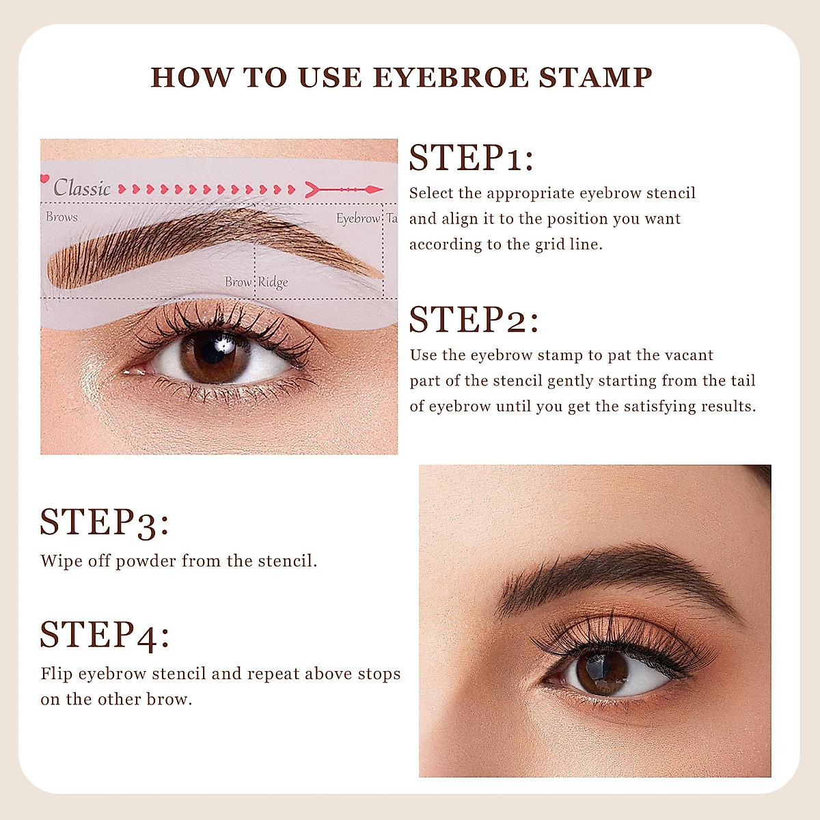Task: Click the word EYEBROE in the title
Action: click(x=451, y=78)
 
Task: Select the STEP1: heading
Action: click(x=471, y=159)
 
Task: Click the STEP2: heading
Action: click(x=474, y=320)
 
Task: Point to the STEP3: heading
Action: click(x=104, y=523)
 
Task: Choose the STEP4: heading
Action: click(x=105, y=635)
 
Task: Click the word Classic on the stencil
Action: click(x=82, y=188)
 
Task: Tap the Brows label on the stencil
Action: click(x=61, y=217)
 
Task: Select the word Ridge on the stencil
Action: click(x=273, y=282)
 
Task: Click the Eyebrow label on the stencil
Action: click(x=358, y=219)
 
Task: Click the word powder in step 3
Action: click(x=146, y=562)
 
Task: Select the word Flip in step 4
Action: click(x=57, y=674)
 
